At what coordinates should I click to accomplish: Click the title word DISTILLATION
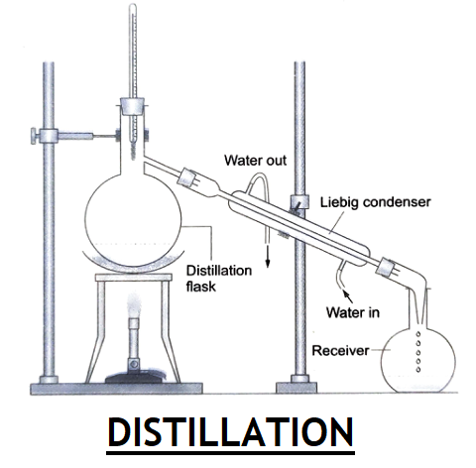click(230, 432)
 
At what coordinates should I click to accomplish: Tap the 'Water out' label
click(255, 161)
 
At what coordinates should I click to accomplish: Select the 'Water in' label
click(353, 312)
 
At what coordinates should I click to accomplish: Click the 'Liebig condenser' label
click(376, 202)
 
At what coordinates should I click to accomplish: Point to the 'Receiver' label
click(340, 351)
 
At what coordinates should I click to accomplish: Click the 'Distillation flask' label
click(219, 279)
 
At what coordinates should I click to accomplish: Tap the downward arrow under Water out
click(268, 255)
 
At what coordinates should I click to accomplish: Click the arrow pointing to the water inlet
click(347, 295)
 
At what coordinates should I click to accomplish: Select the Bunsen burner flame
click(134, 305)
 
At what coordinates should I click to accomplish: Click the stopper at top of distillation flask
click(132, 106)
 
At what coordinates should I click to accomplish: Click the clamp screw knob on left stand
click(34, 136)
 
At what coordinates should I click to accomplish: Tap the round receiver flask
click(418, 360)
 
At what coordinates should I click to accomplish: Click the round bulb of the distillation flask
click(133, 219)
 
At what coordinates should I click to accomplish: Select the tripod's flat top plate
click(134, 278)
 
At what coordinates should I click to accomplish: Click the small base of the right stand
click(297, 388)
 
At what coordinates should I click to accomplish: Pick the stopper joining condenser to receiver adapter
click(385, 267)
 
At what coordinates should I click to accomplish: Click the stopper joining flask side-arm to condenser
click(186, 177)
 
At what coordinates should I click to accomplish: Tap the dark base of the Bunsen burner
click(135, 377)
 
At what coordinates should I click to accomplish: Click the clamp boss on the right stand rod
click(299, 201)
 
